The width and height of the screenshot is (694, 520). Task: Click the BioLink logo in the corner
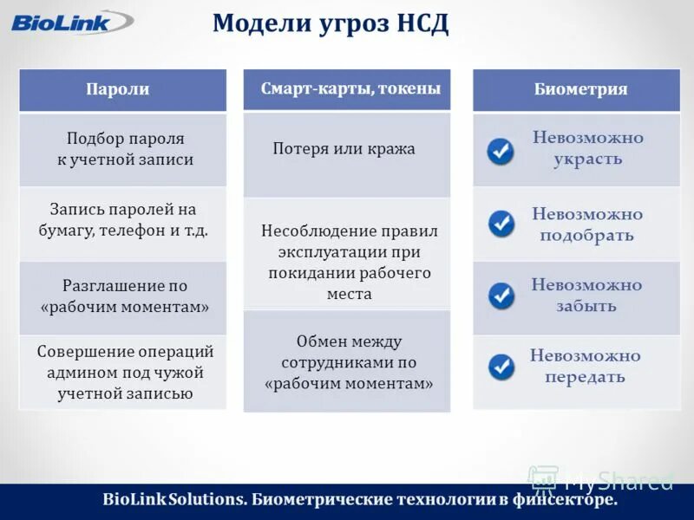click(x=61, y=22)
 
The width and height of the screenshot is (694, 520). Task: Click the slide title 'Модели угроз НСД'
click(x=331, y=23)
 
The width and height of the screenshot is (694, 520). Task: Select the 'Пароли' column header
click(x=122, y=89)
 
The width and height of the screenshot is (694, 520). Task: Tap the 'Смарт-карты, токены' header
click(x=347, y=88)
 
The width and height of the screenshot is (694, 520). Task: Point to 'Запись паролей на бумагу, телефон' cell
click(x=122, y=220)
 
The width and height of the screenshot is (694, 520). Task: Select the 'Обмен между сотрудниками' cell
click(x=347, y=362)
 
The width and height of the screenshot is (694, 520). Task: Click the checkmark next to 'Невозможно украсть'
click(x=501, y=152)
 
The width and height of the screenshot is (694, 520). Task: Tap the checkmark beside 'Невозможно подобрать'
click(x=501, y=224)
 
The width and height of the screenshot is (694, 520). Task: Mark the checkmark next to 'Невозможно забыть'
click(x=501, y=296)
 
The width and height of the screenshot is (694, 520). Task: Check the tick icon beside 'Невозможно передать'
click(x=501, y=367)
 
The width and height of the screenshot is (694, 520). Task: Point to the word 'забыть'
click(x=586, y=307)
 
